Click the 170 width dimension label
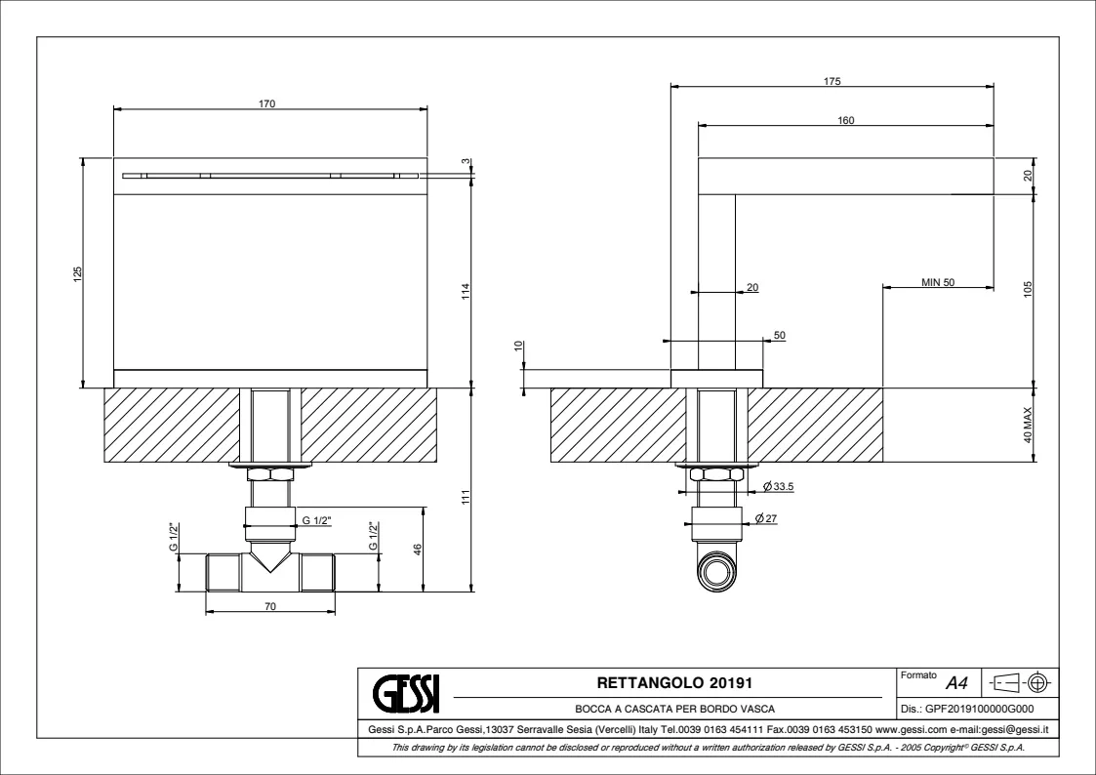click(x=267, y=104)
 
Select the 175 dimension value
click(x=832, y=81)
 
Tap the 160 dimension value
click(x=846, y=120)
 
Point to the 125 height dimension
click(x=78, y=272)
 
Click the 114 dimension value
click(x=466, y=291)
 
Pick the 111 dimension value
click(x=466, y=497)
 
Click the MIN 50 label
click(x=938, y=282)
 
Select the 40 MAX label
click(x=1028, y=425)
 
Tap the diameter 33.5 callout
click(x=779, y=486)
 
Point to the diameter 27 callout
click(x=767, y=518)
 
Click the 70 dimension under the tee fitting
click(x=270, y=606)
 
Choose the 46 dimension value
click(x=418, y=550)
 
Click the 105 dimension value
click(x=1028, y=289)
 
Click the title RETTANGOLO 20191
click(x=674, y=682)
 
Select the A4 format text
click(x=956, y=682)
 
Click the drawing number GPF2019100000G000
click(x=967, y=709)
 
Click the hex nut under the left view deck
click(x=271, y=474)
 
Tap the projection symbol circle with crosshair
click(x=1038, y=681)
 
